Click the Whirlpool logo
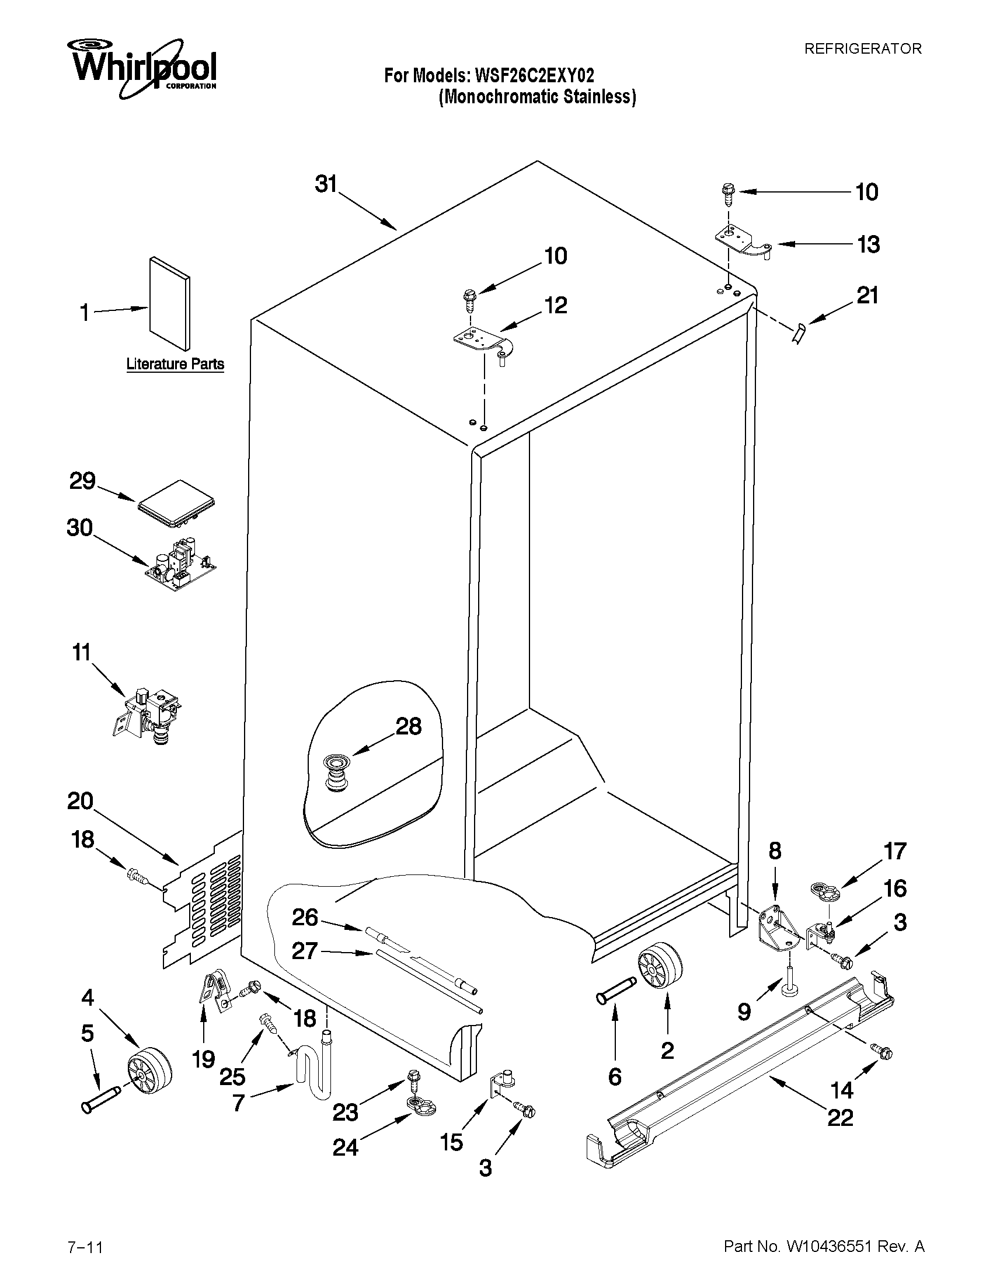coord(143,68)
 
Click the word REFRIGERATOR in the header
coord(862,50)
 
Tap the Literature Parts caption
coord(175,364)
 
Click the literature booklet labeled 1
coord(169,303)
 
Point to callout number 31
coord(326,184)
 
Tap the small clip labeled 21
coord(799,335)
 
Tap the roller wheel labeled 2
coord(659,967)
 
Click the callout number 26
coord(305,917)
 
